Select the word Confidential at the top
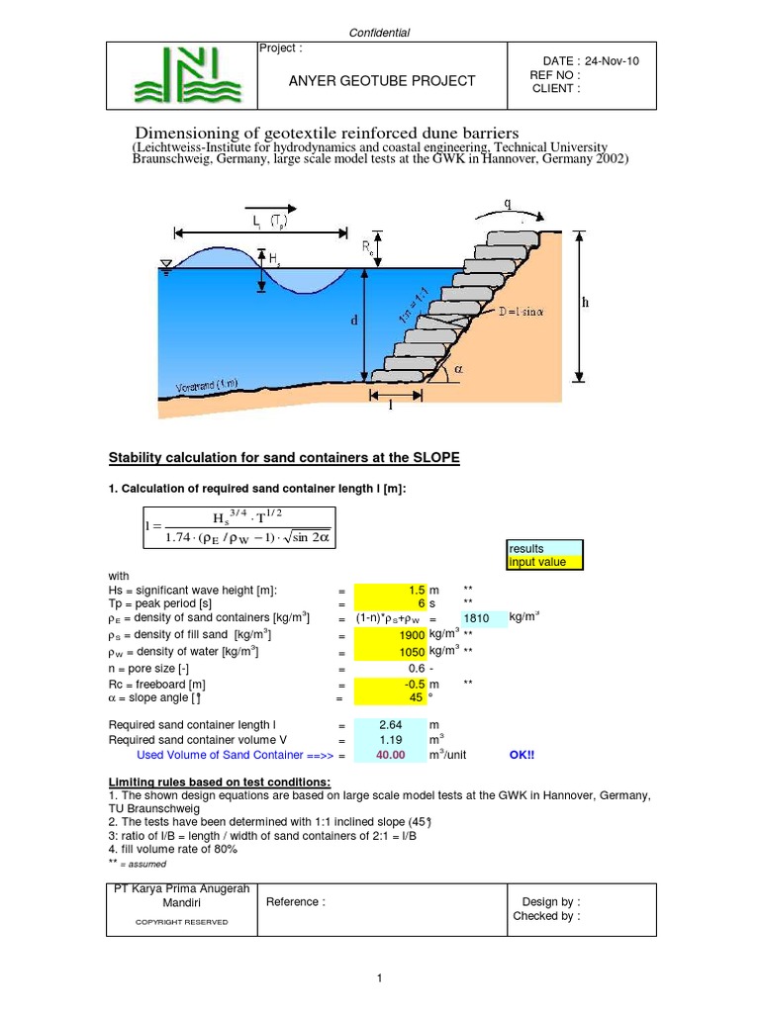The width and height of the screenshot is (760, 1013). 380,33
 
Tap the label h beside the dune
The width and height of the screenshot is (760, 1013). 585,303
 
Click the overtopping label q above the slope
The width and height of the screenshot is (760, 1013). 509,204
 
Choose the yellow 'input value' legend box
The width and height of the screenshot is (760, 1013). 545,563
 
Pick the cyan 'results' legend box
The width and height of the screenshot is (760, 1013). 545,548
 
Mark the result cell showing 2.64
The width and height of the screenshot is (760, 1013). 390,725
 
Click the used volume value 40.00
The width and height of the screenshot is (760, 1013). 390,755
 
